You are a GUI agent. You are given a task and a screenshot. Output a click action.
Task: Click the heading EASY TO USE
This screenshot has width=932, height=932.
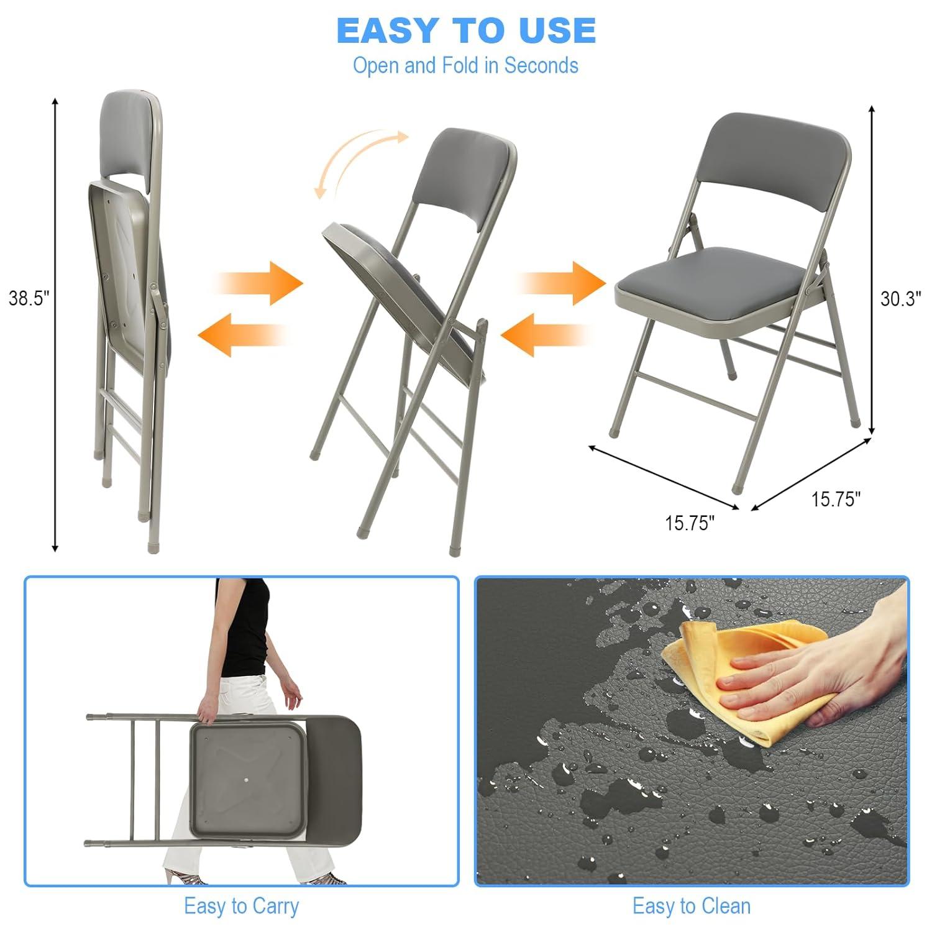[466, 30]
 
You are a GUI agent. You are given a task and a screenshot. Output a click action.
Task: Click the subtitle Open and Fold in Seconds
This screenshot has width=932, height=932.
[465, 65]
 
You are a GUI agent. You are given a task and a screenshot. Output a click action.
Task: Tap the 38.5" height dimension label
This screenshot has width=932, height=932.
[29, 298]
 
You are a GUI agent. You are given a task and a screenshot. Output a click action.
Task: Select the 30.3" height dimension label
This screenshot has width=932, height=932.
[900, 299]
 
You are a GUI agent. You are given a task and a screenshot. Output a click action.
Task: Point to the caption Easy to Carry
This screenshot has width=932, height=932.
[241, 906]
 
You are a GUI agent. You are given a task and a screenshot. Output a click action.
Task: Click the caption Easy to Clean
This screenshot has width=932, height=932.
[691, 906]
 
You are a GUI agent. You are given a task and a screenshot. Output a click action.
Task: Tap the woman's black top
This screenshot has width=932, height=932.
[245, 628]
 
